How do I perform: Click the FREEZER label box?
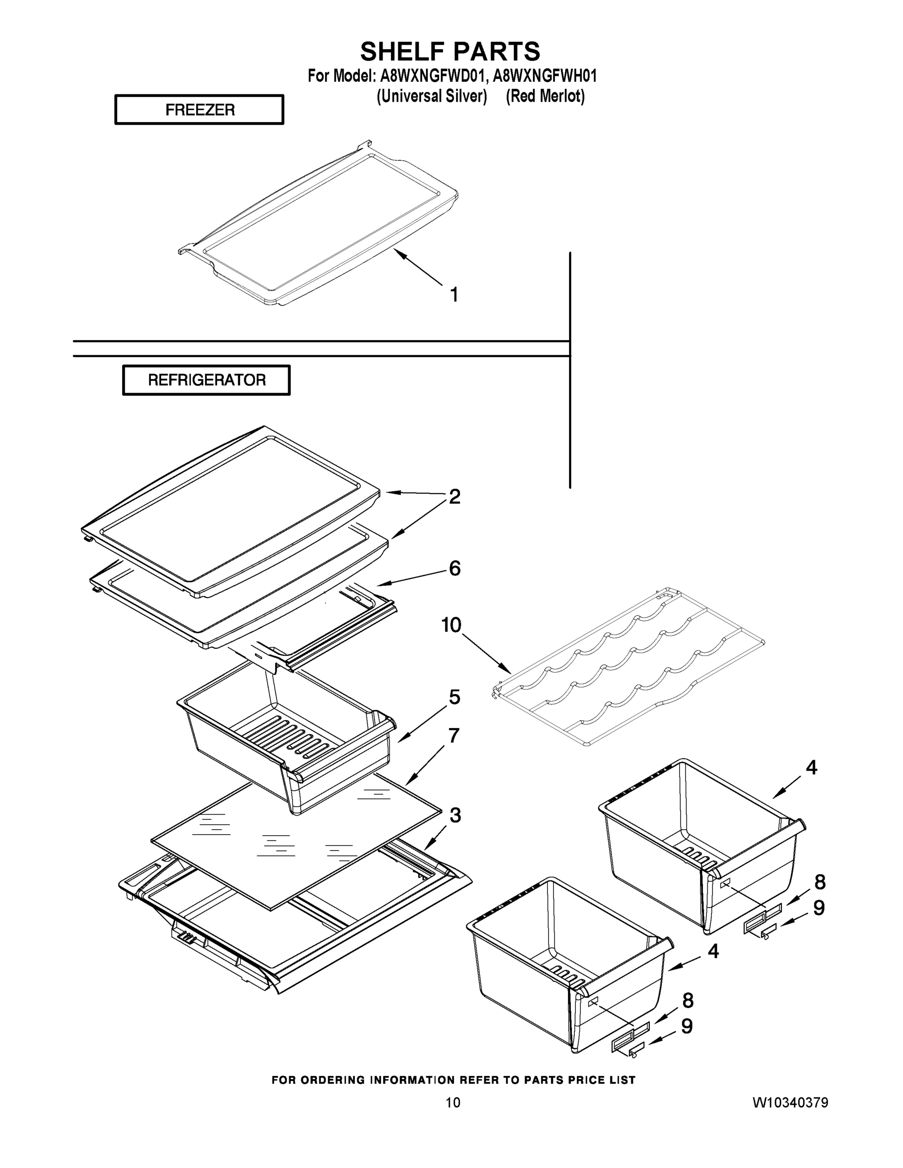199,109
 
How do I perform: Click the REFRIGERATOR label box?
206,380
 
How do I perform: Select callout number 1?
454,294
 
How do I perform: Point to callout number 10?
451,625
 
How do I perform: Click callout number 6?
454,568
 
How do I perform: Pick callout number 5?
454,697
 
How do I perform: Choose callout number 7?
454,736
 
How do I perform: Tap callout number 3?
455,815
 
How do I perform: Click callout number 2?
454,497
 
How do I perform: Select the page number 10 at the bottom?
453,1103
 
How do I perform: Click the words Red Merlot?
545,96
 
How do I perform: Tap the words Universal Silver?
432,96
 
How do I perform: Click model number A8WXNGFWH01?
545,76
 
